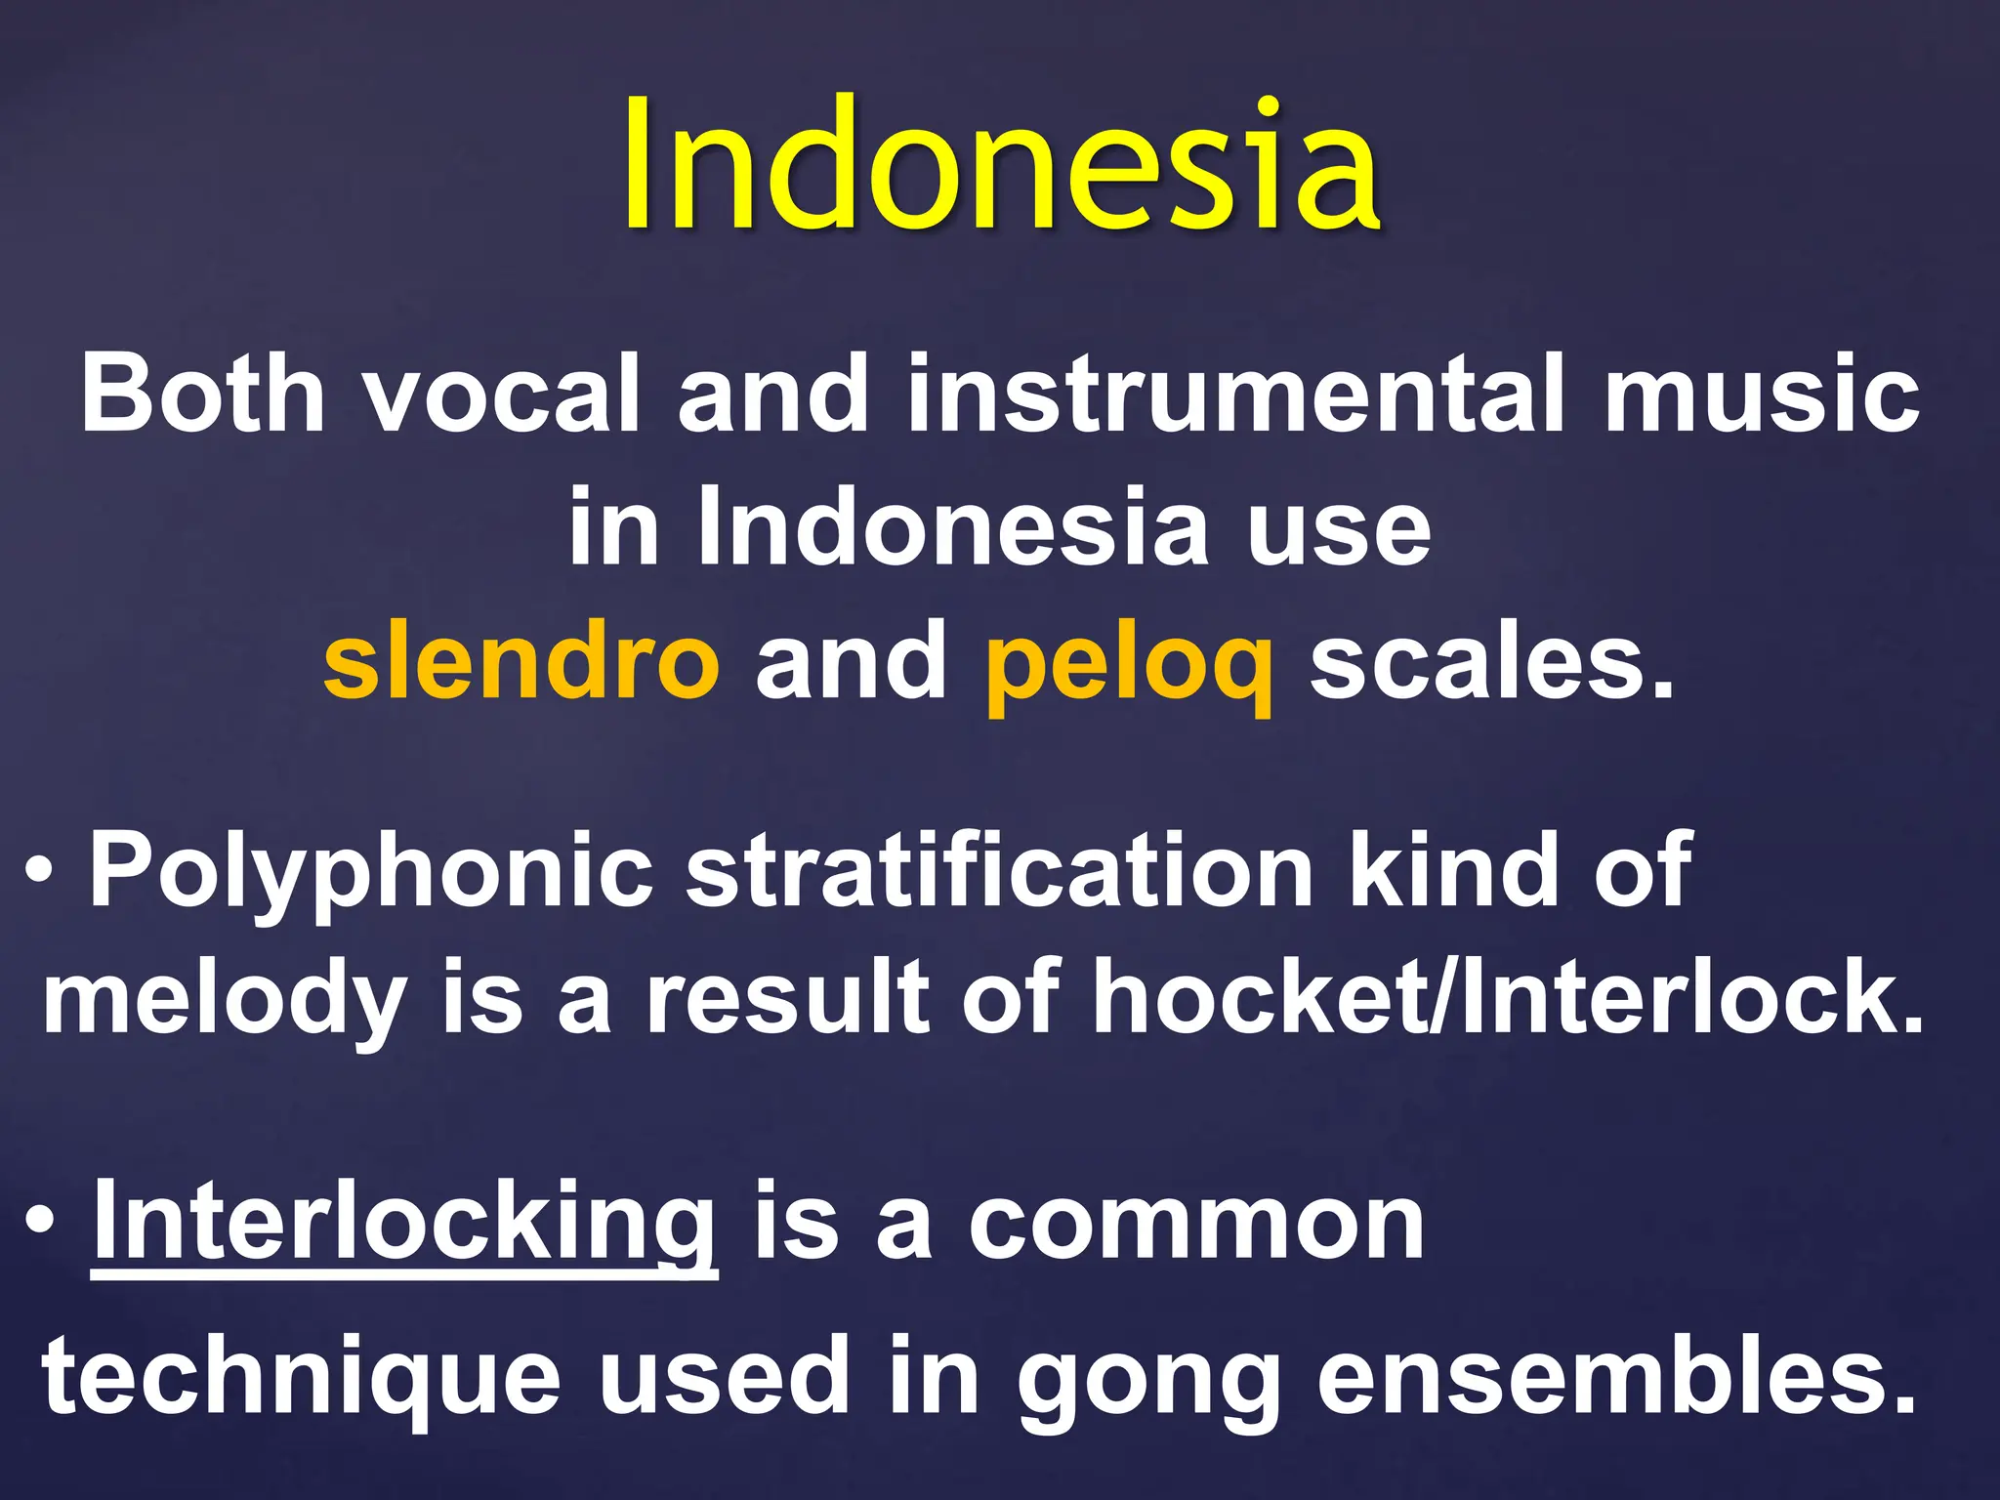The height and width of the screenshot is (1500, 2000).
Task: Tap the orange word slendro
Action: point(521,662)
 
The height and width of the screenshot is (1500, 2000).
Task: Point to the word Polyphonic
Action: point(371,872)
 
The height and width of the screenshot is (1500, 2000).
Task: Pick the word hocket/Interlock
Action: point(1508,998)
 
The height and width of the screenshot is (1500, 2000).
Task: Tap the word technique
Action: point(301,1377)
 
